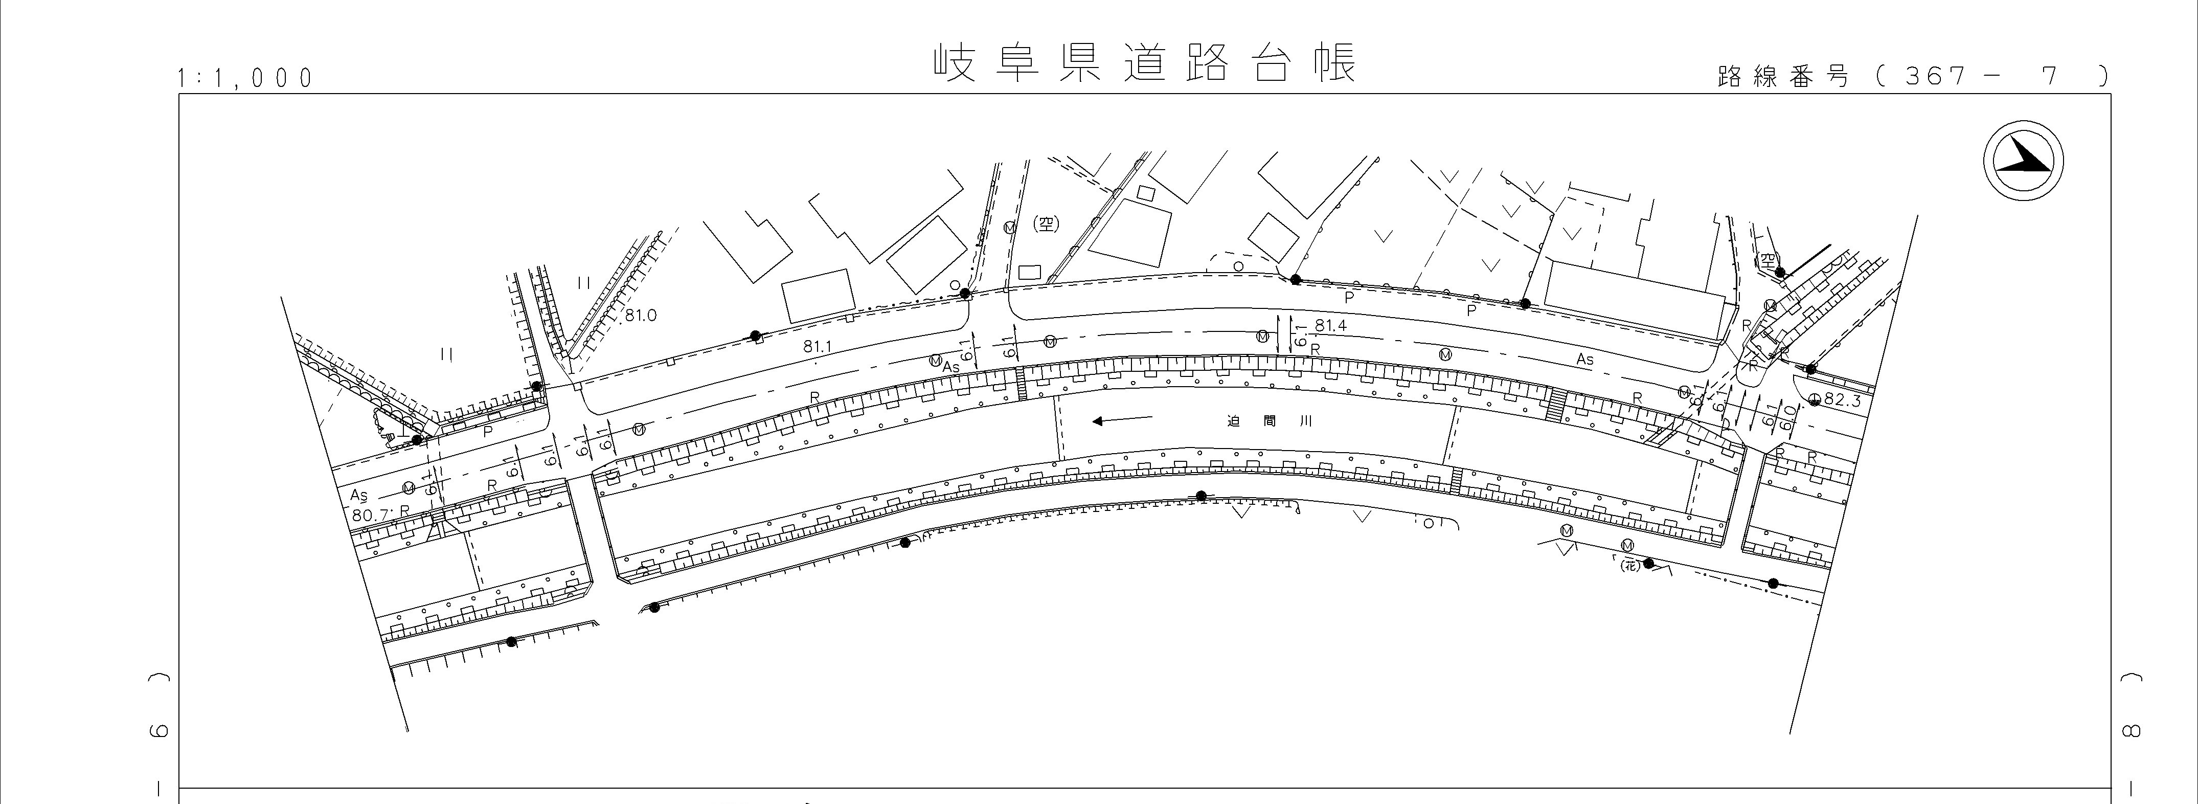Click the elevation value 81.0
(640, 316)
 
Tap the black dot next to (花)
(1648, 563)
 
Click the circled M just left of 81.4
(1262, 337)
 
